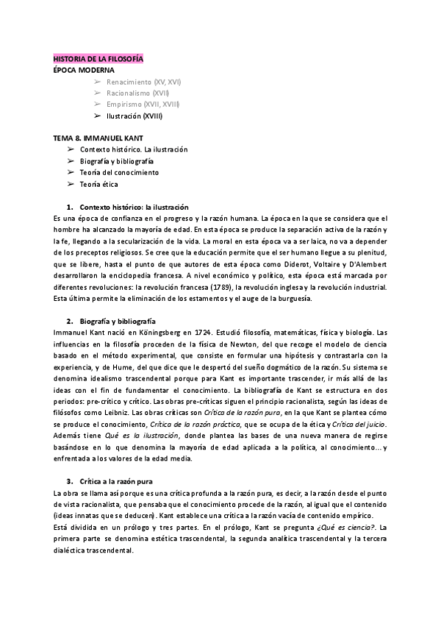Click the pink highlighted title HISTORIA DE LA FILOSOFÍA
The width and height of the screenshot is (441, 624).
(98, 58)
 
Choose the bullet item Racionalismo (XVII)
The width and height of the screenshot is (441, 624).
(138, 93)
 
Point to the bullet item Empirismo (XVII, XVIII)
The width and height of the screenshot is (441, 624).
(143, 104)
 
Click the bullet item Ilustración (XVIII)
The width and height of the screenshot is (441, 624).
(135, 116)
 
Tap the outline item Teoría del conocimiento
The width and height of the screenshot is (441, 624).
(119, 172)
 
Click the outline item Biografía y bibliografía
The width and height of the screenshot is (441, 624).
(117, 160)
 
